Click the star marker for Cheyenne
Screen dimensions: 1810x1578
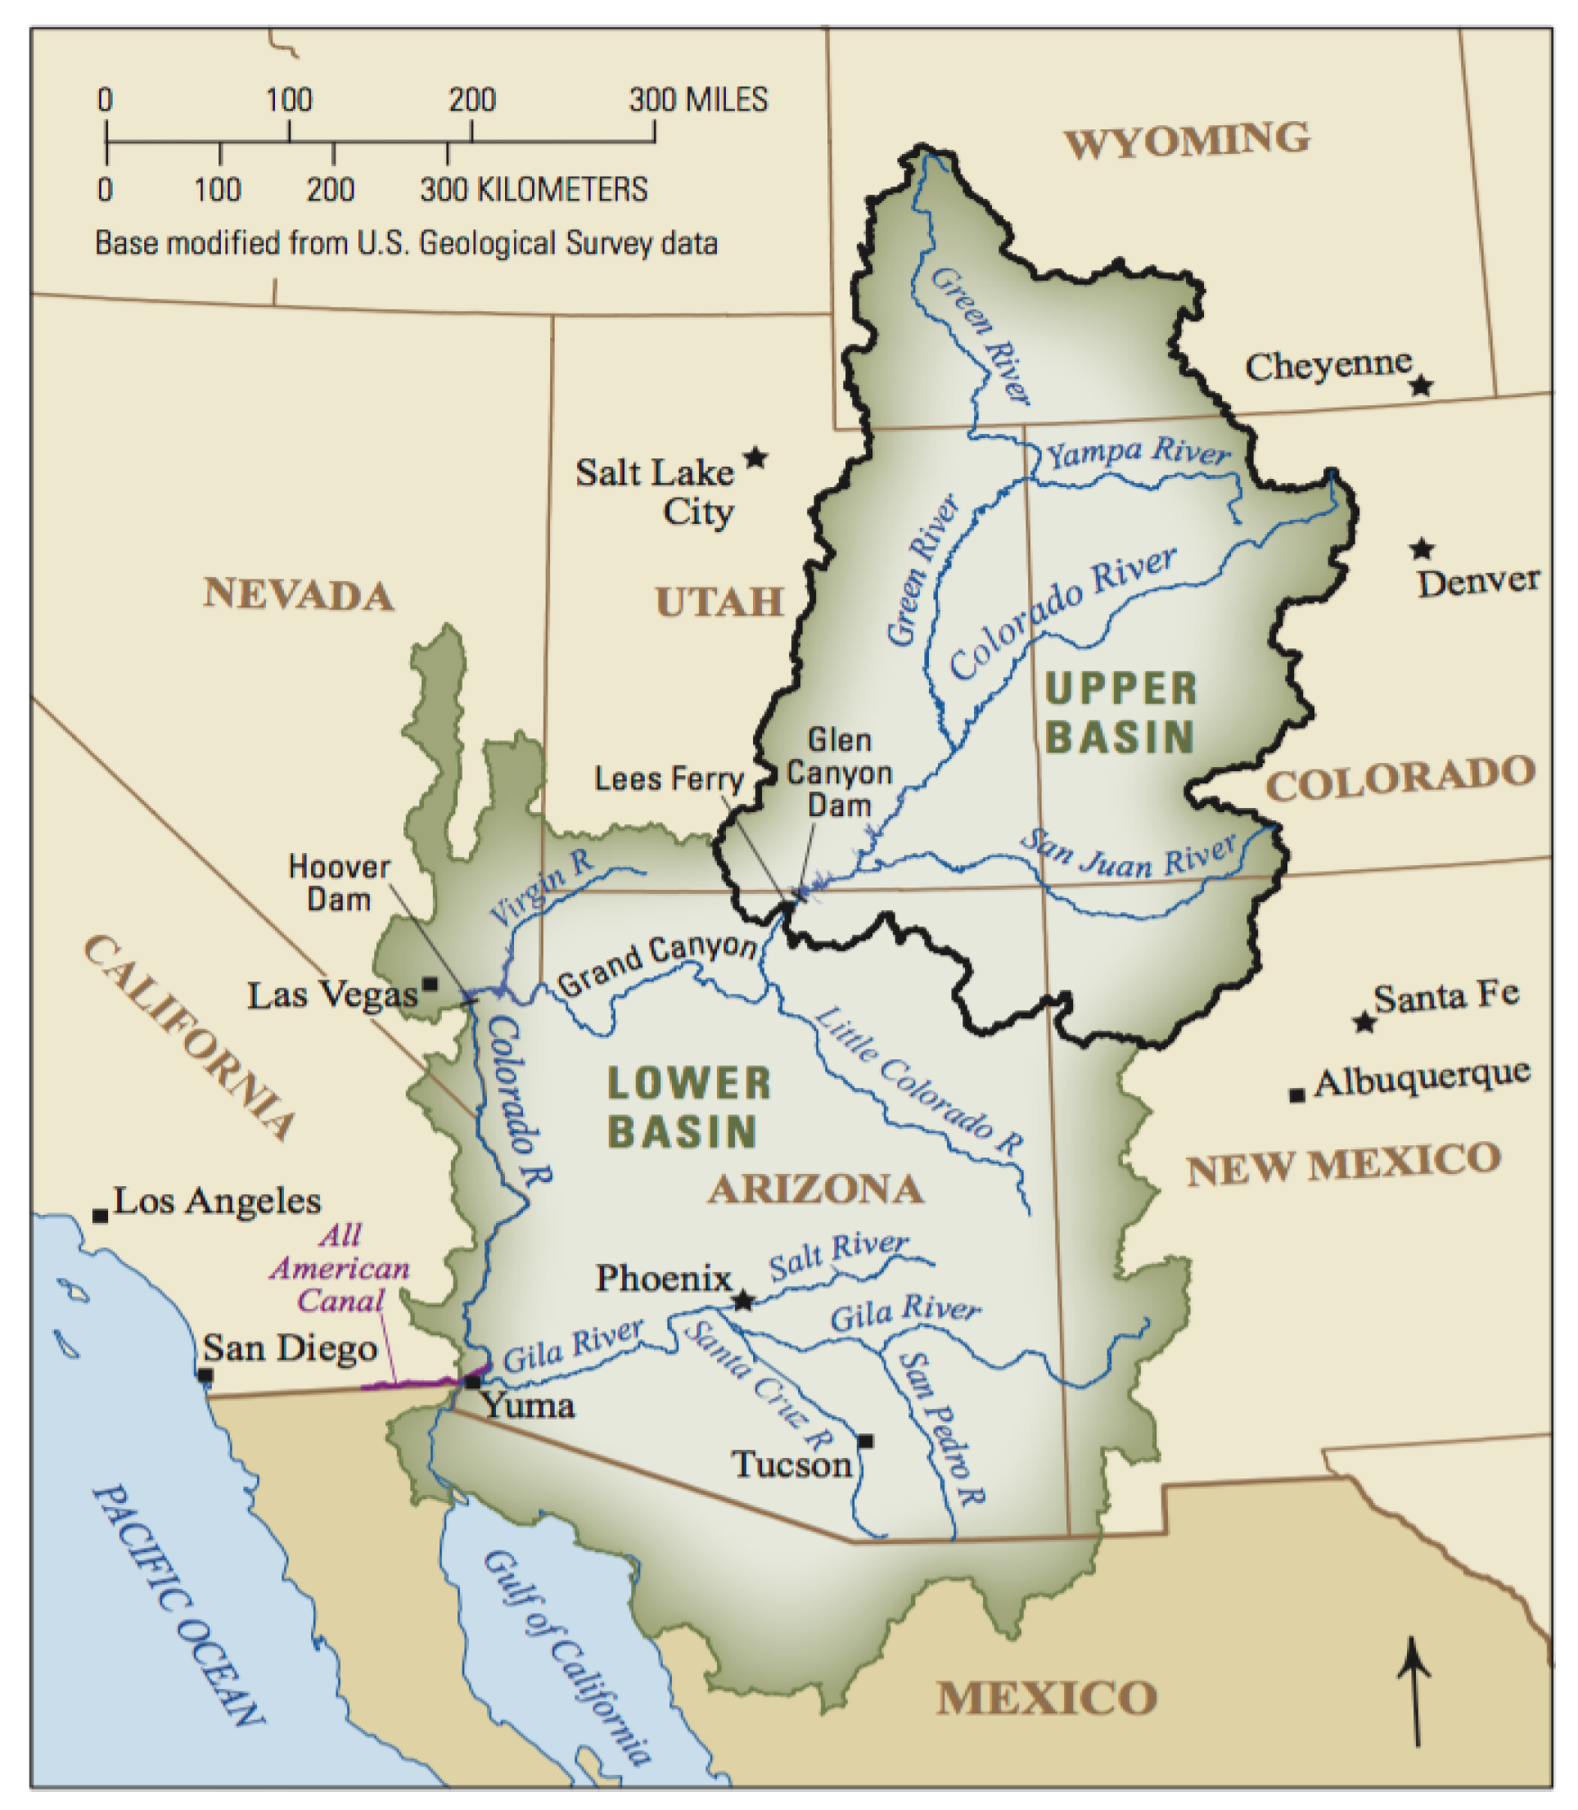(x=1421, y=385)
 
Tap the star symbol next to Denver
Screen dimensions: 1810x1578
(x=1421, y=548)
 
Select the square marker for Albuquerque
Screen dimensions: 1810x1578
(x=1296, y=1095)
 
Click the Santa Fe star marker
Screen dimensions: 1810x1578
(x=1365, y=1022)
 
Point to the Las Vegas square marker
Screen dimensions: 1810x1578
(x=431, y=983)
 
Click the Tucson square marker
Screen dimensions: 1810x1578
(x=866, y=1441)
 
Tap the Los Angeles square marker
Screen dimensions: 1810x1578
(x=101, y=1216)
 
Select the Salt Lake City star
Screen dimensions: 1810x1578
(x=755, y=457)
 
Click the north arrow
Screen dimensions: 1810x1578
(x=1414, y=1691)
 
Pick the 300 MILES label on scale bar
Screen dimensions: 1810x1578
(x=698, y=100)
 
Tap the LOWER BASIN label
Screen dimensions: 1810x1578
(x=688, y=1107)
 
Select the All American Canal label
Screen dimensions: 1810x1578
(x=340, y=1268)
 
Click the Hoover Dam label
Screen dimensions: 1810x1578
(x=339, y=883)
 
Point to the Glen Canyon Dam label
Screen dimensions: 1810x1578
(x=839, y=773)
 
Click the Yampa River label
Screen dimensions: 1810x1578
(x=1137, y=452)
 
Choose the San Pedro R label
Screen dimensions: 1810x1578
(x=940, y=1429)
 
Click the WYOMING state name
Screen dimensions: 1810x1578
(x=1187, y=141)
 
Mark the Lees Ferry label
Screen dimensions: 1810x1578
(x=669, y=779)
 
